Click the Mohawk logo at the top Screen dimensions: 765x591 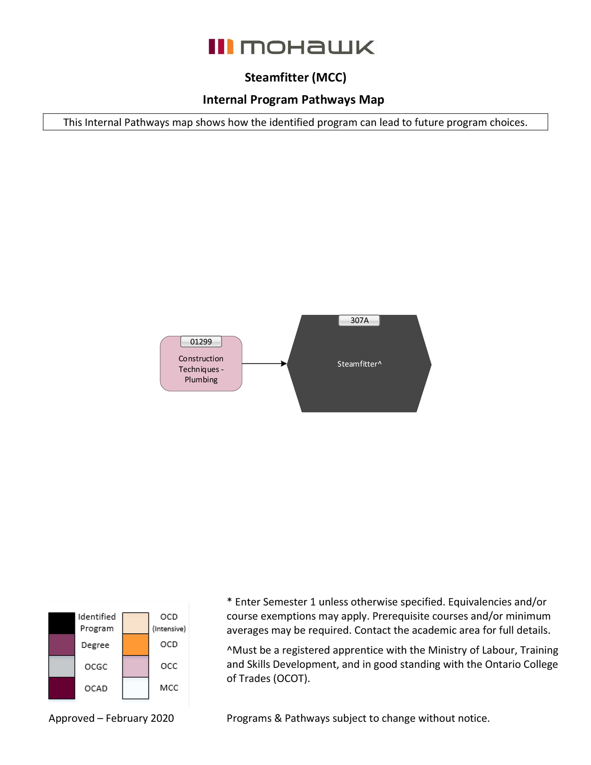click(x=292, y=47)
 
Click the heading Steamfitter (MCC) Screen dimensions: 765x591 click(x=295, y=77)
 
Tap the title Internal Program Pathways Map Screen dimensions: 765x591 click(x=293, y=99)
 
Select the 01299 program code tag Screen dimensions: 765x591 click(x=201, y=342)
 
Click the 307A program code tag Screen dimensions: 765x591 click(x=359, y=320)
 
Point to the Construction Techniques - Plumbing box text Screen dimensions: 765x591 click(x=201, y=369)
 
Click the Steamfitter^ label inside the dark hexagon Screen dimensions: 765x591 click(x=359, y=364)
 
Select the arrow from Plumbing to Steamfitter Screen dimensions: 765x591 click(x=264, y=363)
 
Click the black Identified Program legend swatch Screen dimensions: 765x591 click(x=62, y=623)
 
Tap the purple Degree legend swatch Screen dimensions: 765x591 click(x=62, y=645)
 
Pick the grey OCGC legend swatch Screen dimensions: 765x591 click(x=62, y=666)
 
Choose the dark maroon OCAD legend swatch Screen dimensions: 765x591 click(x=62, y=688)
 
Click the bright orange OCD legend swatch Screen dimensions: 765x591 click(x=135, y=645)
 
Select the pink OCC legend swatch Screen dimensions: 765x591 click(x=135, y=666)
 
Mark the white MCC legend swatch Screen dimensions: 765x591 click(x=135, y=688)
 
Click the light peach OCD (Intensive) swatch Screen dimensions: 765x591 click(x=135, y=623)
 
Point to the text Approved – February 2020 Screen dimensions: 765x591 click(x=111, y=718)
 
